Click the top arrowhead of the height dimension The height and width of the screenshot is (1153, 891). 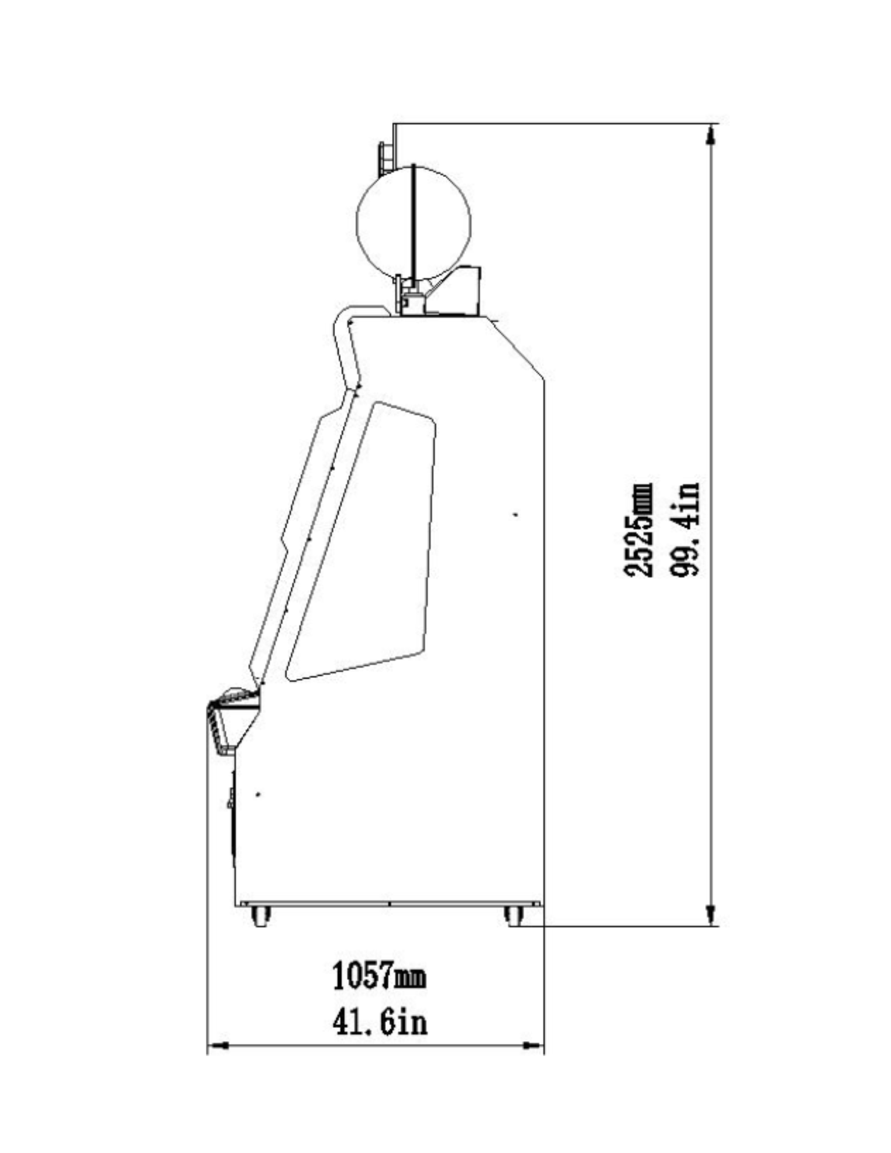[x=710, y=136]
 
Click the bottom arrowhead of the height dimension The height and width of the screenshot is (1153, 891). [x=710, y=914]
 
